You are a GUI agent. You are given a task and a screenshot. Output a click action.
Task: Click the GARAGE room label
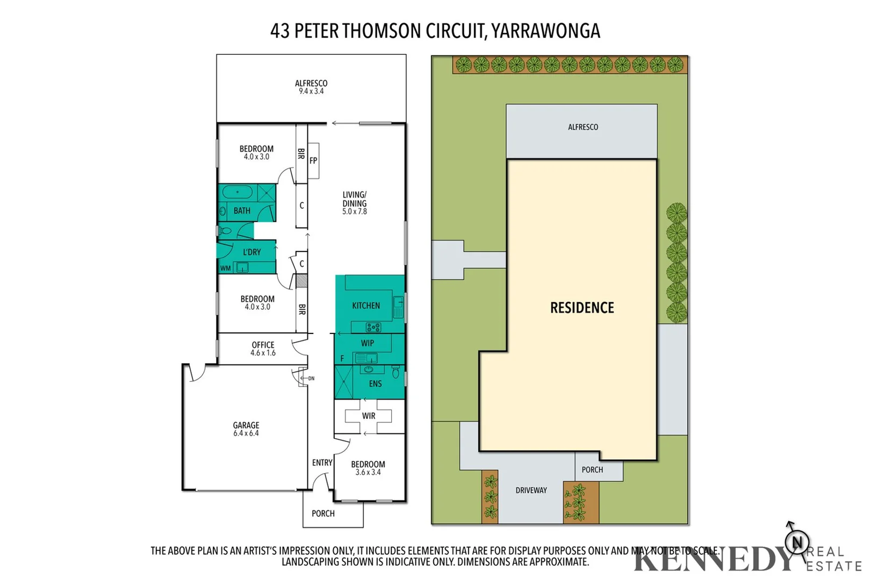[246, 429]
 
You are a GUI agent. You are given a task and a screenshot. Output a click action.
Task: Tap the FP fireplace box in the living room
[313, 161]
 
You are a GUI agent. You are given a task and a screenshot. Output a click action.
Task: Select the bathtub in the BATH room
[238, 192]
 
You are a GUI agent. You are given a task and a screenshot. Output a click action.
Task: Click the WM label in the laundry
[225, 268]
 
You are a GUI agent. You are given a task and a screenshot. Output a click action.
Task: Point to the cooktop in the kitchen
[373, 327]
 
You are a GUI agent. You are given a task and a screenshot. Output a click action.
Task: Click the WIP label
[368, 343]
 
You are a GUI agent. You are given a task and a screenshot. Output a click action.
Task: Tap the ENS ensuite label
[375, 383]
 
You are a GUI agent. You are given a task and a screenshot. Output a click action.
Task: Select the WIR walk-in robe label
[369, 416]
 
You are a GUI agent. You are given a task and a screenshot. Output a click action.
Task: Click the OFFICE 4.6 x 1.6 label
[263, 349]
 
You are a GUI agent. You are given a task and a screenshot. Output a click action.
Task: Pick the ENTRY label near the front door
[322, 462]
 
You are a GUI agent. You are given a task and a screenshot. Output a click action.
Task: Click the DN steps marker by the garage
[311, 379]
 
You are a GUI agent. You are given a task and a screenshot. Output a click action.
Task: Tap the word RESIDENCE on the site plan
[582, 308]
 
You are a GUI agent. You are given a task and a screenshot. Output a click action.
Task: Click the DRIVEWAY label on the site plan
[531, 490]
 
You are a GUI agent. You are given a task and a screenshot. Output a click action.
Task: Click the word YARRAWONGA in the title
[546, 31]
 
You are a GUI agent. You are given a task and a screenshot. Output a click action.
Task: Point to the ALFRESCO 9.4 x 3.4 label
[311, 87]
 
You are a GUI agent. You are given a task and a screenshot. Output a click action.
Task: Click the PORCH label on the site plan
[592, 470]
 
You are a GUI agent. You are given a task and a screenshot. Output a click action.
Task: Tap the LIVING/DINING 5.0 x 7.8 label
[354, 203]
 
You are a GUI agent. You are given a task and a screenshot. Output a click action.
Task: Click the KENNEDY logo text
[715, 560]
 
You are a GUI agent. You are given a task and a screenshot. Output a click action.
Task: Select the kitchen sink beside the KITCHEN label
[398, 307]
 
